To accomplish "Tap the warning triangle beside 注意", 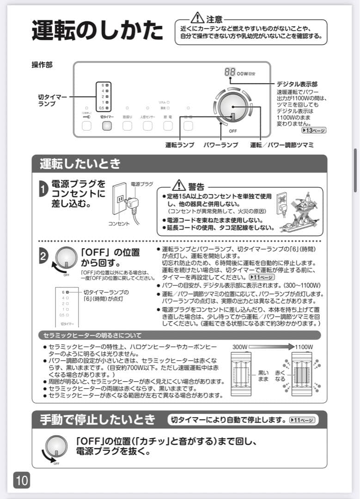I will tap(197, 18).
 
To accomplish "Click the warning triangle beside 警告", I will tap(179, 186).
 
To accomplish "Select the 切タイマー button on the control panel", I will tap(107, 126).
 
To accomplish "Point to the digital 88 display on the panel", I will tap(229, 73).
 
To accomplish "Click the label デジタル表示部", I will tap(297, 85).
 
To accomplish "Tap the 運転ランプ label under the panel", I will tap(180, 145).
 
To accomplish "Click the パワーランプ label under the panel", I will tap(221, 145).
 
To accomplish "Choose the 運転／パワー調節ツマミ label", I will tap(282, 145).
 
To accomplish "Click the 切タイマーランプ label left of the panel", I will tap(52, 101).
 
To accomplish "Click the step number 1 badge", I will tap(43, 189).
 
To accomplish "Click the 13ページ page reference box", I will tap(313, 130).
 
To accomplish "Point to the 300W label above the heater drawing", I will tap(240, 347).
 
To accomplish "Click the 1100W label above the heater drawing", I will tap(304, 347).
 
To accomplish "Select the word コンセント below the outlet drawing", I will tap(119, 224).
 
